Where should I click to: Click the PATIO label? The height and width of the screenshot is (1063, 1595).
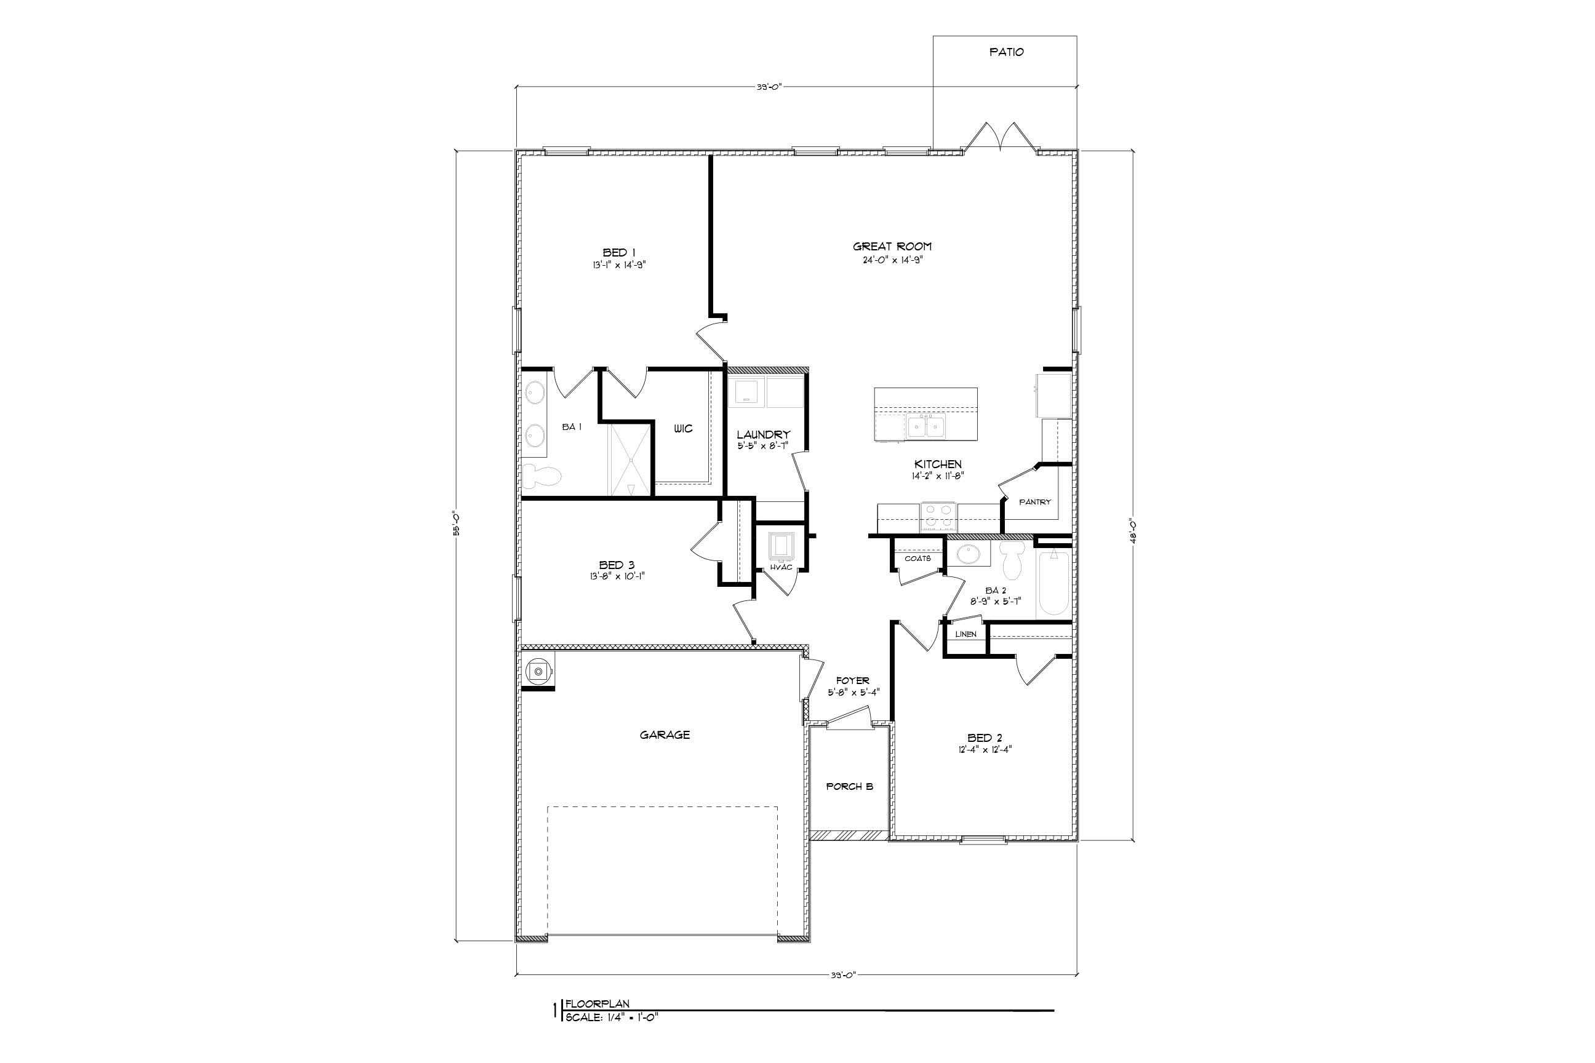point(1005,52)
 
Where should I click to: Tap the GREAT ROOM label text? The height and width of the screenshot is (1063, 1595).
point(892,247)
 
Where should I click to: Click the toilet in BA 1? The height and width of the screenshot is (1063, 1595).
point(543,477)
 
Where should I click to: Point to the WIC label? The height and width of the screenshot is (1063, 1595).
point(683,429)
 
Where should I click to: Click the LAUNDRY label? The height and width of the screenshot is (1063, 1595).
point(764,434)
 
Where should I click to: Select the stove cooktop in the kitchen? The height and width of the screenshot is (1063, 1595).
point(937,517)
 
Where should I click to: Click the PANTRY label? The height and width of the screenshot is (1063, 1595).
point(1035,503)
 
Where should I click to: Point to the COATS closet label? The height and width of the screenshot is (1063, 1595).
point(917,559)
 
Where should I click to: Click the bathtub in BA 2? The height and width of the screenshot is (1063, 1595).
point(1053,583)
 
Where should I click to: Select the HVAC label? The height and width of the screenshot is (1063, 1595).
point(782,567)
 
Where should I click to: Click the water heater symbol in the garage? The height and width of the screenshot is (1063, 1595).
point(538,671)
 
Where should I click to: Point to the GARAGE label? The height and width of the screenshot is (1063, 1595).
point(665,735)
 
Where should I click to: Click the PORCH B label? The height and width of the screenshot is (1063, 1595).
point(849,787)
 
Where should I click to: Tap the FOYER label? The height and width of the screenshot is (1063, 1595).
point(852,680)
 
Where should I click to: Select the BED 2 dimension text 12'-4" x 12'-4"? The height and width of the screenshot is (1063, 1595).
point(985,750)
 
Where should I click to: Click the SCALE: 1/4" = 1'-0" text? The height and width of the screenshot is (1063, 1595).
point(611,1017)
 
